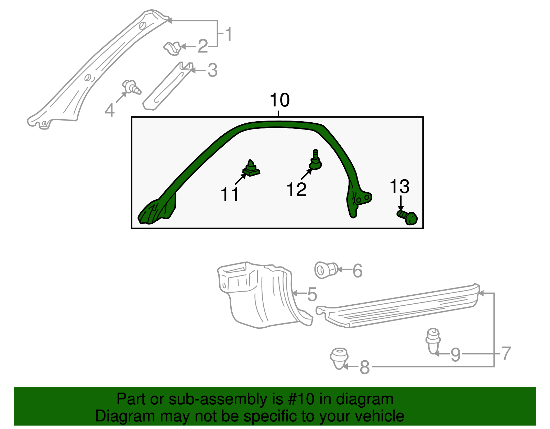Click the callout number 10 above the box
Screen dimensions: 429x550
coord(279,100)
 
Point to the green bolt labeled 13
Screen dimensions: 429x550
coord(408,217)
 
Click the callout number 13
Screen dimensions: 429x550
coord(399,187)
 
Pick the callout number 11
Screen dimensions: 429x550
coord(230,195)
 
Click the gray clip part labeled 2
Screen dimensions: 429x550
coord(172,48)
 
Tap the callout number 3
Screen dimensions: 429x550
coord(212,70)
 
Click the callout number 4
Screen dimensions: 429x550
coord(109,111)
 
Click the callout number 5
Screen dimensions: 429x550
coord(312,294)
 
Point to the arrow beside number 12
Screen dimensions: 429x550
coord(306,174)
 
